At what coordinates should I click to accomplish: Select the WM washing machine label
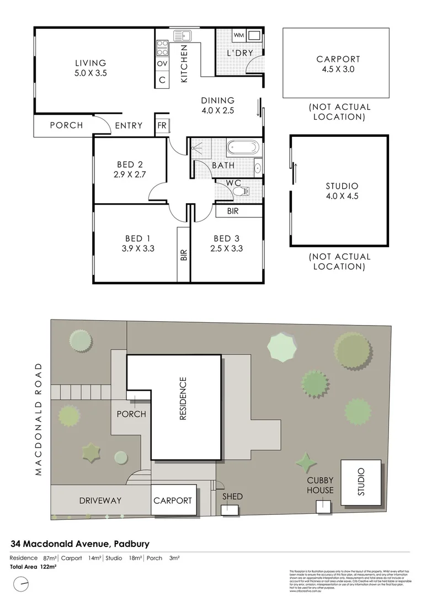(x=238, y=36)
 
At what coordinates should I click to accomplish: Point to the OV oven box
(x=162, y=64)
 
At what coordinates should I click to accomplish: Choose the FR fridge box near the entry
(x=162, y=125)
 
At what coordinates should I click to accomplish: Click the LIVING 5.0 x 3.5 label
(x=90, y=67)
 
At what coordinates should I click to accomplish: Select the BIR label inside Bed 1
(x=183, y=254)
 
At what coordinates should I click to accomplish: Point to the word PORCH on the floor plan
(x=66, y=125)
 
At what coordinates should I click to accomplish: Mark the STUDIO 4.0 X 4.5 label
(x=342, y=191)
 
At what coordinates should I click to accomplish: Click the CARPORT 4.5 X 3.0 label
(x=338, y=64)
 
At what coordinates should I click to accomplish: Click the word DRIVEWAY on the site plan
(x=100, y=501)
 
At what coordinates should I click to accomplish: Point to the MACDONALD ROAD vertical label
(x=39, y=419)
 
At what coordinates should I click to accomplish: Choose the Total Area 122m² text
(x=34, y=566)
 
